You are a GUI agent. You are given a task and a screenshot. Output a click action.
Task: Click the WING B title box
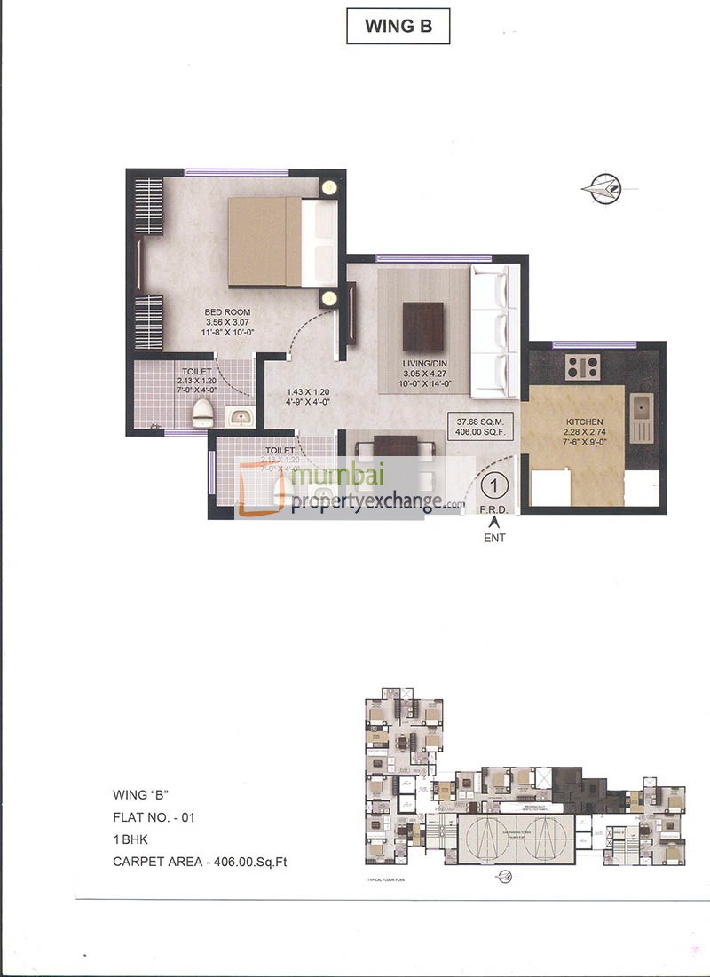(x=398, y=26)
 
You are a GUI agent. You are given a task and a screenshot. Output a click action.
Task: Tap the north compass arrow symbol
(x=603, y=186)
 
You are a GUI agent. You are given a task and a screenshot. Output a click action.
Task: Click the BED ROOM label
(x=228, y=312)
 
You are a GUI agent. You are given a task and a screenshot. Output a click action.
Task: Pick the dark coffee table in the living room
(x=422, y=327)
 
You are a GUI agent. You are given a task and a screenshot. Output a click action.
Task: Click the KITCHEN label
(x=585, y=422)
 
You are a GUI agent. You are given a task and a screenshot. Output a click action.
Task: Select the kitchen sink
(x=641, y=408)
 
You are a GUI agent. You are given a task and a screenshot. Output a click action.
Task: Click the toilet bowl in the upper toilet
(x=201, y=411)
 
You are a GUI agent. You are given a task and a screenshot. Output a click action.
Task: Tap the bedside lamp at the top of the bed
(x=329, y=187)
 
